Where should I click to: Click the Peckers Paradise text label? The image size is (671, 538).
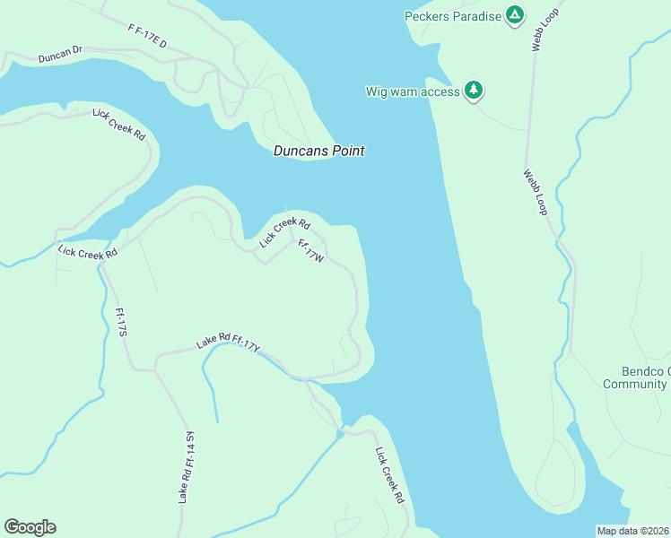pyautogui.click(x=452, y=16)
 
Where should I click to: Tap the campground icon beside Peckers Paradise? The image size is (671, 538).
pyautogui.click(x=514, y=15)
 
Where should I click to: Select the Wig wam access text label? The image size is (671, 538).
pyautogui.click(x=413, y=91)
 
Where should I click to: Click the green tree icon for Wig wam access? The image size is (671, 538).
pyautogui.click(x=474, y=91)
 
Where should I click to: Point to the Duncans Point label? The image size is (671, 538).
pyautogui.click(x=318, y=152)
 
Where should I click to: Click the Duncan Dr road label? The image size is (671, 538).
pyautogui.click(x=60, y=57)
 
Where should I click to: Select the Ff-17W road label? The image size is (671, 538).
pyautogui.click(x=310, y=251)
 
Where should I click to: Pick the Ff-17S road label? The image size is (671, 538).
pyautogui.click(x=122, y=323)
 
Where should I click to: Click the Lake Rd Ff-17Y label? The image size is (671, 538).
pyautogui.click(x=228, y=342)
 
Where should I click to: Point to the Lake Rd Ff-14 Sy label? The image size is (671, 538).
pyautogui.click(x=187, y=466)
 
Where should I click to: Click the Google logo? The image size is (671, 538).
pyautogui.click(x=30, y=527)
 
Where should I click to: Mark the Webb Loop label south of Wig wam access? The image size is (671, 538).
pyautogui.click(x=536, y=191)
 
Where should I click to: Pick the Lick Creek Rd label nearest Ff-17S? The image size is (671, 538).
pyautogui.click(x=87, y=253)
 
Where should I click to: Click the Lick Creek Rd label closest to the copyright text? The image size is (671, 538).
pyautogui.click(x=391, y=474)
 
